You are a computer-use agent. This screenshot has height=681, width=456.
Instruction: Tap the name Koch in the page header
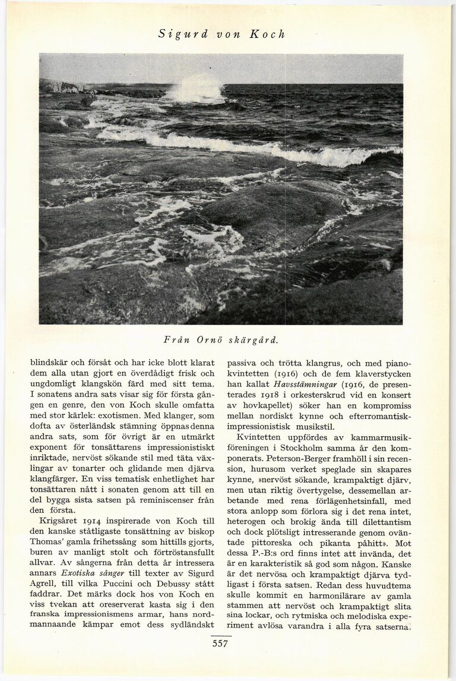267,34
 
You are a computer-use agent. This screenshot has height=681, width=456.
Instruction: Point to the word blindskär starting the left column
49,362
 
